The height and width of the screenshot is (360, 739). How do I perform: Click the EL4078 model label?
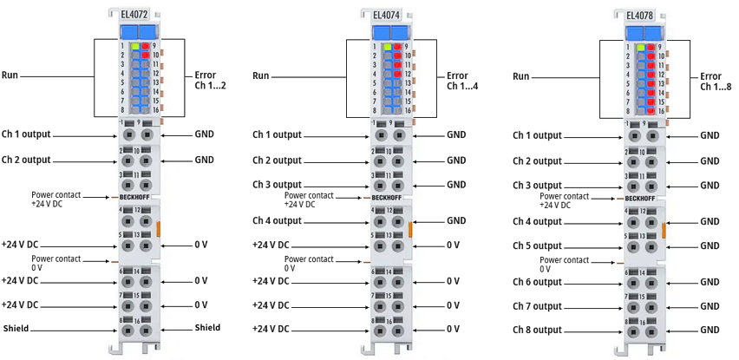[638, 15]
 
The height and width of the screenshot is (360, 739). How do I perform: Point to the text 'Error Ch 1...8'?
[716, 82]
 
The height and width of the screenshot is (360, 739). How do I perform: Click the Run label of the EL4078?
[520, 76]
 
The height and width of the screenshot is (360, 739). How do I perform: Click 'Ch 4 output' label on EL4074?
[277, 220]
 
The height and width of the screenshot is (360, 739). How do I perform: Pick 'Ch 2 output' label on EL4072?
[26, 160]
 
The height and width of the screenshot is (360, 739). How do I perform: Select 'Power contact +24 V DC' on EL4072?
[56, 199]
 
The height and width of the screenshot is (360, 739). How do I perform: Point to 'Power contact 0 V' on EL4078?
[563, 264]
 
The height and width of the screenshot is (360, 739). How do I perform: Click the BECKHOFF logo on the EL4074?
[385, 198]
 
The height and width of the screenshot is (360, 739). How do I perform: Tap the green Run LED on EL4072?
[135, 45]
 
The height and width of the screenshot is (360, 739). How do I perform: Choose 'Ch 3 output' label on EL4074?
[277, 185]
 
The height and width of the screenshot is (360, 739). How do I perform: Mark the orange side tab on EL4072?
[160, 229]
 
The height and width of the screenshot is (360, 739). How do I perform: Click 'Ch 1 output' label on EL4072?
[26, 134]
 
